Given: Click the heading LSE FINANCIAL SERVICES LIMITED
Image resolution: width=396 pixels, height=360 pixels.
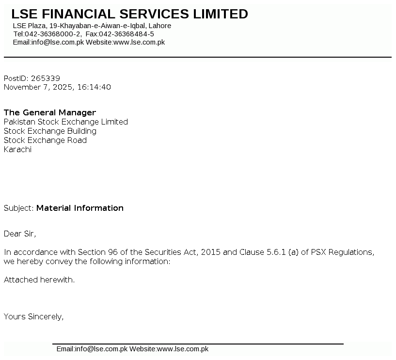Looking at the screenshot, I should coord(129,14).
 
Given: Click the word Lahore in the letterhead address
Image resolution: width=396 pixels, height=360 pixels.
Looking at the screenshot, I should coord(160,26).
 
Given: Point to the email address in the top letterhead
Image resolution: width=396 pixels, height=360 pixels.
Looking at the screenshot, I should coord(58,42).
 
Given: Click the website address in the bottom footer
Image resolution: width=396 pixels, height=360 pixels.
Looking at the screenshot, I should coord(183,349).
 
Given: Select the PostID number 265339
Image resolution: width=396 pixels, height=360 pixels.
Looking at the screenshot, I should coord(46,78).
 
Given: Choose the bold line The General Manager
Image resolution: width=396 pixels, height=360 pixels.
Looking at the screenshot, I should coord(50,112).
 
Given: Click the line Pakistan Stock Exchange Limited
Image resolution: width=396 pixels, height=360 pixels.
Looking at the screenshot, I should coord(65,122).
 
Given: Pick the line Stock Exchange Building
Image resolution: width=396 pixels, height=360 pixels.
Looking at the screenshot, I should coord(50,131).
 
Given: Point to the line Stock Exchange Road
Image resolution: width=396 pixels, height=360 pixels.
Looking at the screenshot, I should coord(45,140).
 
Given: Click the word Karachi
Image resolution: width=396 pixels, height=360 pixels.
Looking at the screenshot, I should coord(17,149).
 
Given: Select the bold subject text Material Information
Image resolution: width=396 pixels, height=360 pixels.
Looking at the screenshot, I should coord(80,208).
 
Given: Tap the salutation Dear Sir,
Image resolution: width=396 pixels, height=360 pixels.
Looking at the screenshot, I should coord(20,234).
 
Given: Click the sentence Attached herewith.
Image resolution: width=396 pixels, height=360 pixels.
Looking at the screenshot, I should coord(39,280).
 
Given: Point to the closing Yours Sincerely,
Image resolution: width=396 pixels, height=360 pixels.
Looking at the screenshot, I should coord(33,316).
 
